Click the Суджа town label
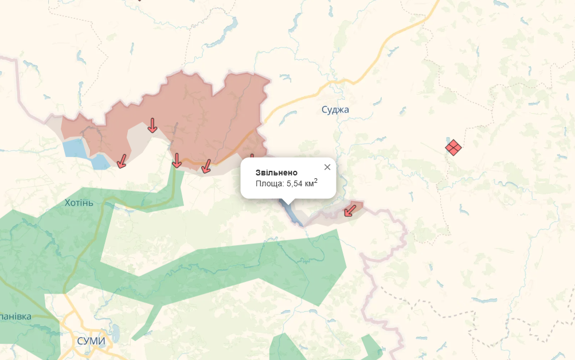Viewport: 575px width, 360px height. (335, 109)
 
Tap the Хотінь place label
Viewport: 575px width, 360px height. (79, 202)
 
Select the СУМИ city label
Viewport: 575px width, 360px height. (91, 341)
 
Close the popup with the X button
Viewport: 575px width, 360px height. (327, 167)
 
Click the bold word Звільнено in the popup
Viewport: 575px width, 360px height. (276, 173)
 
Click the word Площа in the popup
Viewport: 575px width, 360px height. (269, 183)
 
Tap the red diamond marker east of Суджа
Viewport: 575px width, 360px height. (453, 147)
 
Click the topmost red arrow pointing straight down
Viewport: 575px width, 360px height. (152, 125)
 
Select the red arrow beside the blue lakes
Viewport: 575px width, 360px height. (122, 161)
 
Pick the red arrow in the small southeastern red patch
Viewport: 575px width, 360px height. (350, 210)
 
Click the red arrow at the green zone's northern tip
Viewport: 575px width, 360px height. (177, 161)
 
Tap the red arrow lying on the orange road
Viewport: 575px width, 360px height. (206, 166)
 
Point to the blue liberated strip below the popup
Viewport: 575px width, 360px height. (292, 214)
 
